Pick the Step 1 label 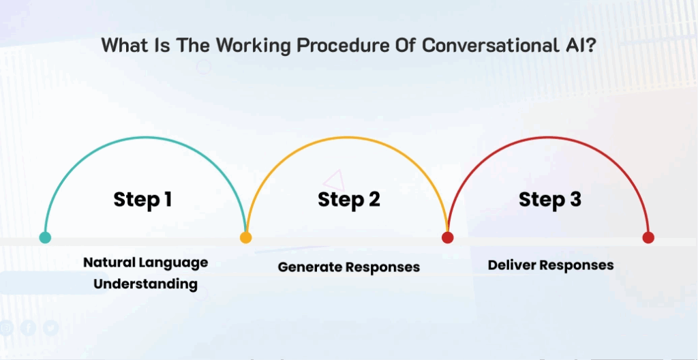click(142, 200)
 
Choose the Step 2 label click(349, 200)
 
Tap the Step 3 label click(550, 200)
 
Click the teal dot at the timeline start click(45, 237)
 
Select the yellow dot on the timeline click(245, 237)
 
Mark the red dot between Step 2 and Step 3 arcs click(447, 237)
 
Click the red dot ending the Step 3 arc click(648, 237)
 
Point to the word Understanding click(146, 284)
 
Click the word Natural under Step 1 click(108, 262)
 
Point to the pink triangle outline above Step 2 click(334, 181)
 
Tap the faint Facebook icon click(28, 329)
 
